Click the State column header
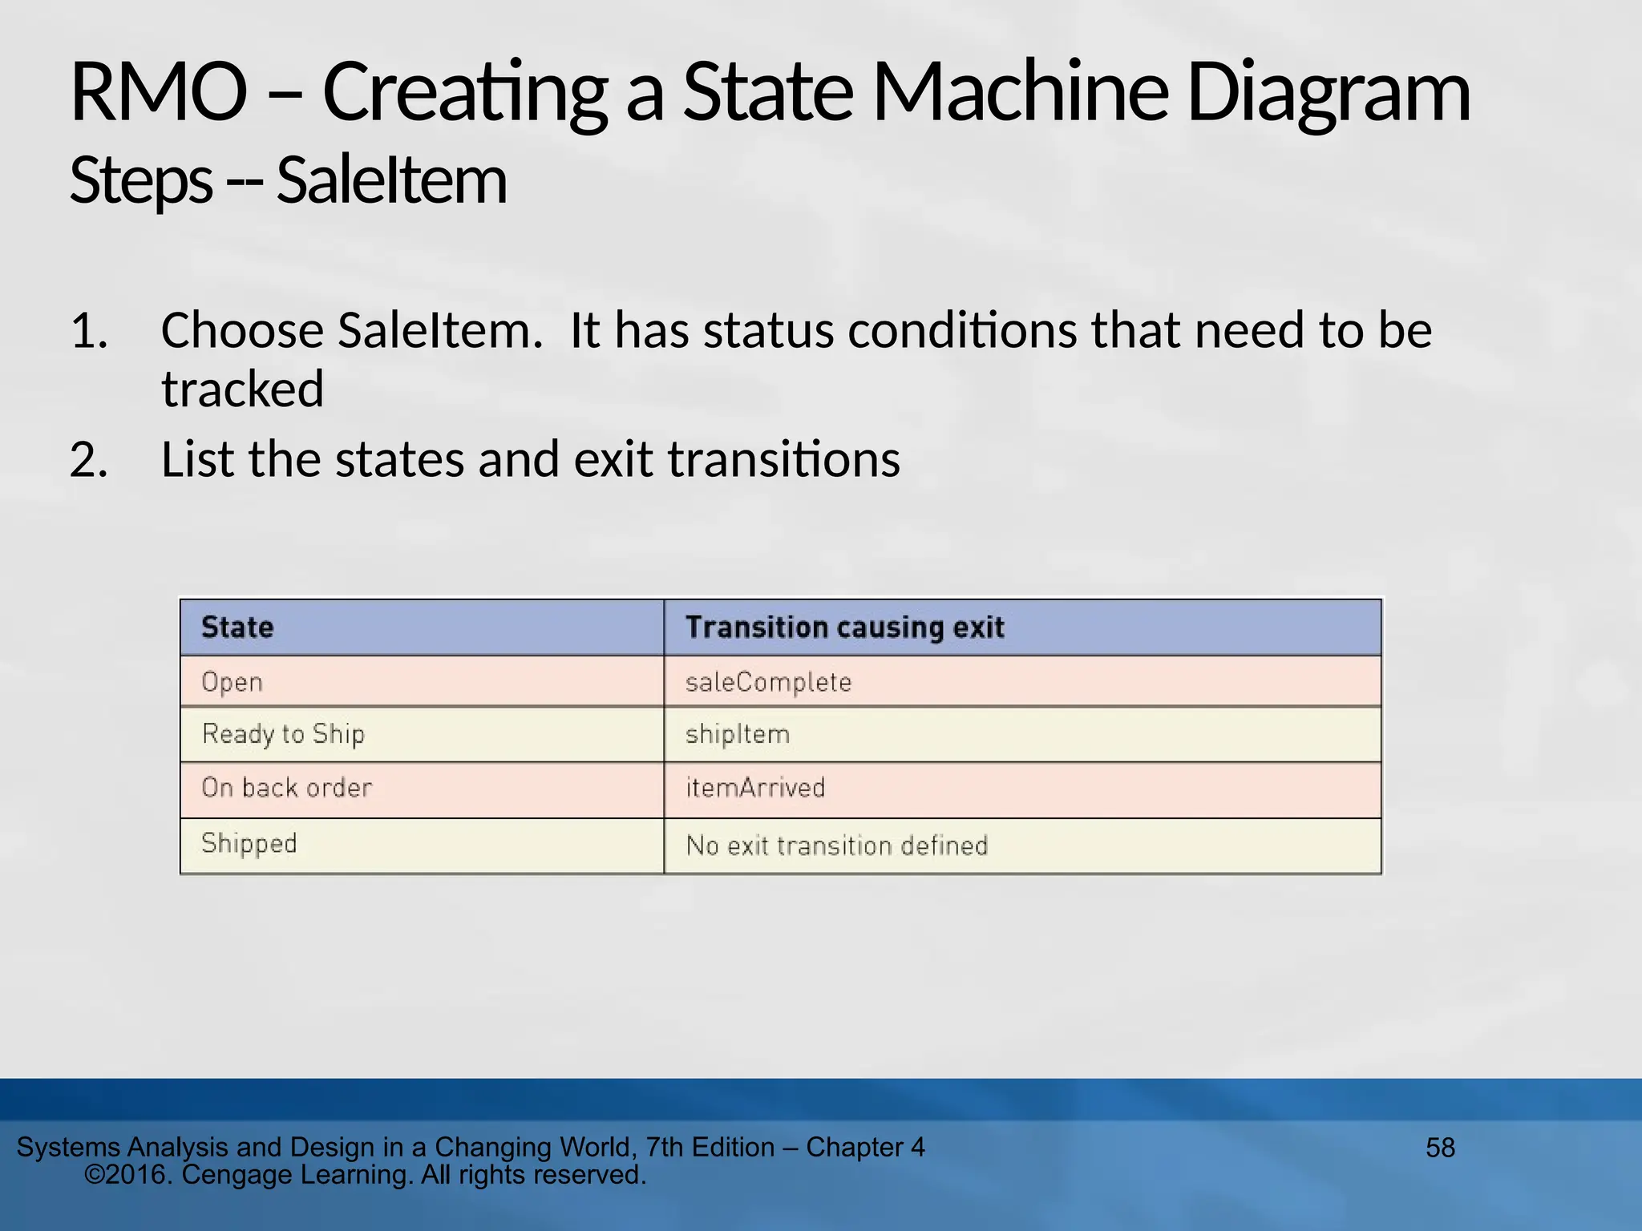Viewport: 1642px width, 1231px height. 237,627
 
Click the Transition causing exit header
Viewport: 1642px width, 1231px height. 844,627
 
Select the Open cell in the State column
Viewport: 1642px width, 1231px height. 232,682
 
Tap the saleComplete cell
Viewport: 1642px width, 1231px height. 768,682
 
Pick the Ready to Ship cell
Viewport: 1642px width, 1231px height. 283,734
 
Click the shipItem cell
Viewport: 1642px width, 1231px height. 738,734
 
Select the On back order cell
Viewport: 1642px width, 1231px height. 286,788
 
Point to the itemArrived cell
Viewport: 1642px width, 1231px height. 754,788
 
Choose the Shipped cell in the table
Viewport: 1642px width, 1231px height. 249,844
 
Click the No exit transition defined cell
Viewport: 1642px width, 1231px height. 836,846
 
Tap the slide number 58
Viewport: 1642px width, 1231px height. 1440,1148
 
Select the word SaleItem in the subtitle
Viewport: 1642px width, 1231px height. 391,181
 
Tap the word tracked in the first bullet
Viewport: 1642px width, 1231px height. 242,389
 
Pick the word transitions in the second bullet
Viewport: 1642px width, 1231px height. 783,460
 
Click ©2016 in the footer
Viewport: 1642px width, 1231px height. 128,1175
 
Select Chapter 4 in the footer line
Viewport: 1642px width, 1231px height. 865,1148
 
